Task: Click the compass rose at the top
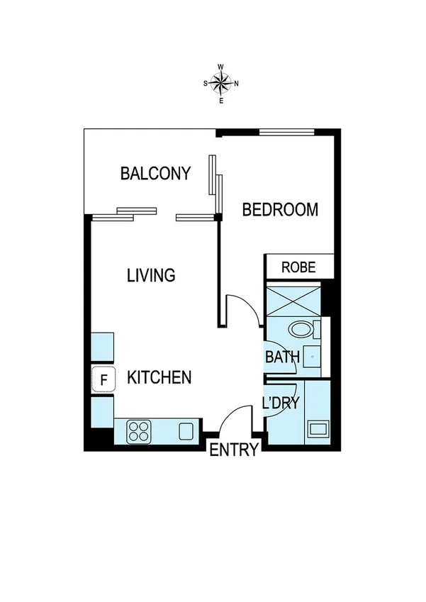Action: [221, 84]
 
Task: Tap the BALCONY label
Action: [155, 173]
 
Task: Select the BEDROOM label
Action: [279, 210]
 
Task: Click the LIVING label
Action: [150, 275]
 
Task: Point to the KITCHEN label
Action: [159, 377]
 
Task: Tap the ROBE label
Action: [298, 267]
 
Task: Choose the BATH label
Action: [282, 357]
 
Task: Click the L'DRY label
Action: [281, 403]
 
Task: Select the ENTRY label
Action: [233, 450]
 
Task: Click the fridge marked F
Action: [103, 379]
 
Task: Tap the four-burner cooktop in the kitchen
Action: [139, 430]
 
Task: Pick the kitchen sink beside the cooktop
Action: [186, 430]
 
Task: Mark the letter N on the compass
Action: [236, 84]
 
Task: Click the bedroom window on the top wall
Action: [286, 131]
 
